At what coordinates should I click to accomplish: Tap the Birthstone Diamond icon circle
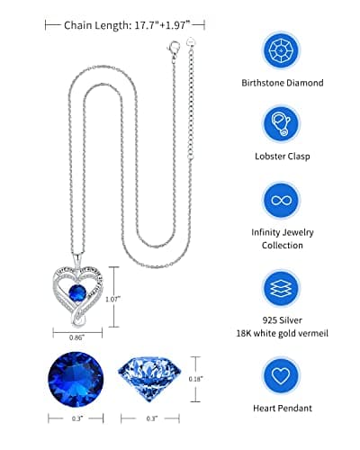tap(283, 49)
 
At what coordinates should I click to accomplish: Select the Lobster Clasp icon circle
tap(283, 125)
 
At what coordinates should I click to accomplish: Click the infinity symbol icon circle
tap(283, 200)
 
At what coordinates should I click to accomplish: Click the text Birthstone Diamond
tap(283, 84)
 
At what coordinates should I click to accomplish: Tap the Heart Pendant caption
tap(283, 408)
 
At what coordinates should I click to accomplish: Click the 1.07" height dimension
tap(113, 300)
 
